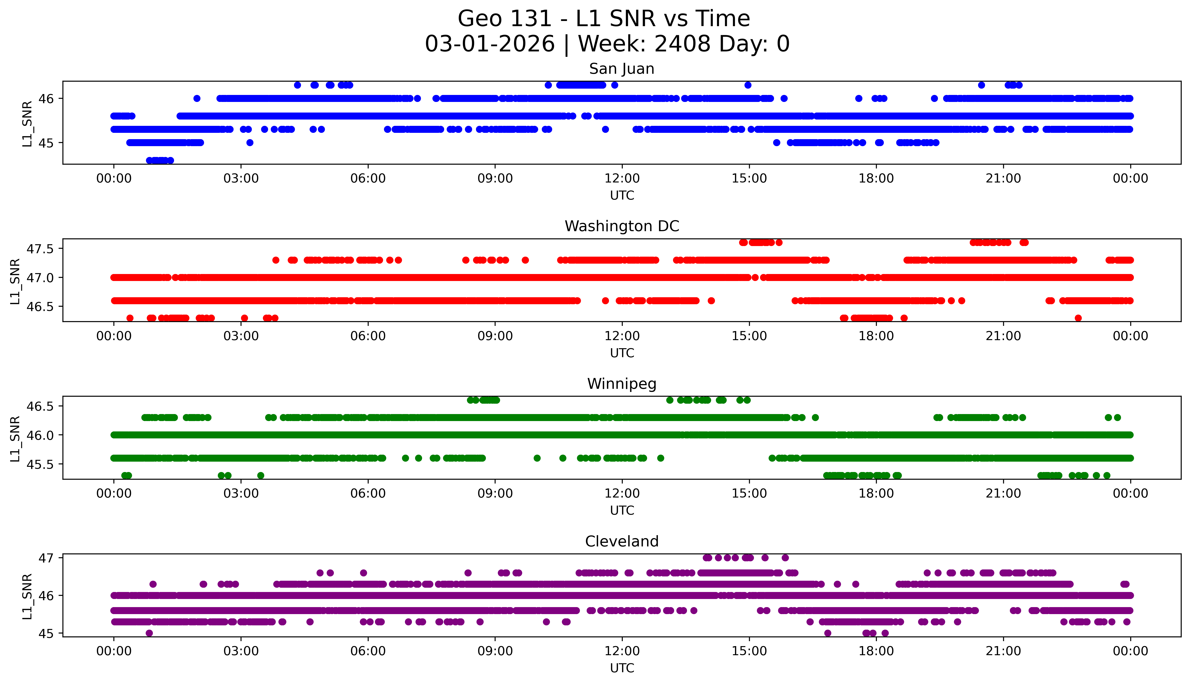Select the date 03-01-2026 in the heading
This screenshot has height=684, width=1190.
tap(490, 44)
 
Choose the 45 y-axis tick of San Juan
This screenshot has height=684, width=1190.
tap(46, 143)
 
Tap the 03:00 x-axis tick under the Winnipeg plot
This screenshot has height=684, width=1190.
tap(241, 494)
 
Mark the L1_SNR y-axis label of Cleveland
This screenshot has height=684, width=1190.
tap(27, 596)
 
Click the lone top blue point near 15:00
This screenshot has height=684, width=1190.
tap(748, 85)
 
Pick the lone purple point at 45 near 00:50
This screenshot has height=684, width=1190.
tap(149, 633)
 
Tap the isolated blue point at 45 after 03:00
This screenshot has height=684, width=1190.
tap(250, 142)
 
